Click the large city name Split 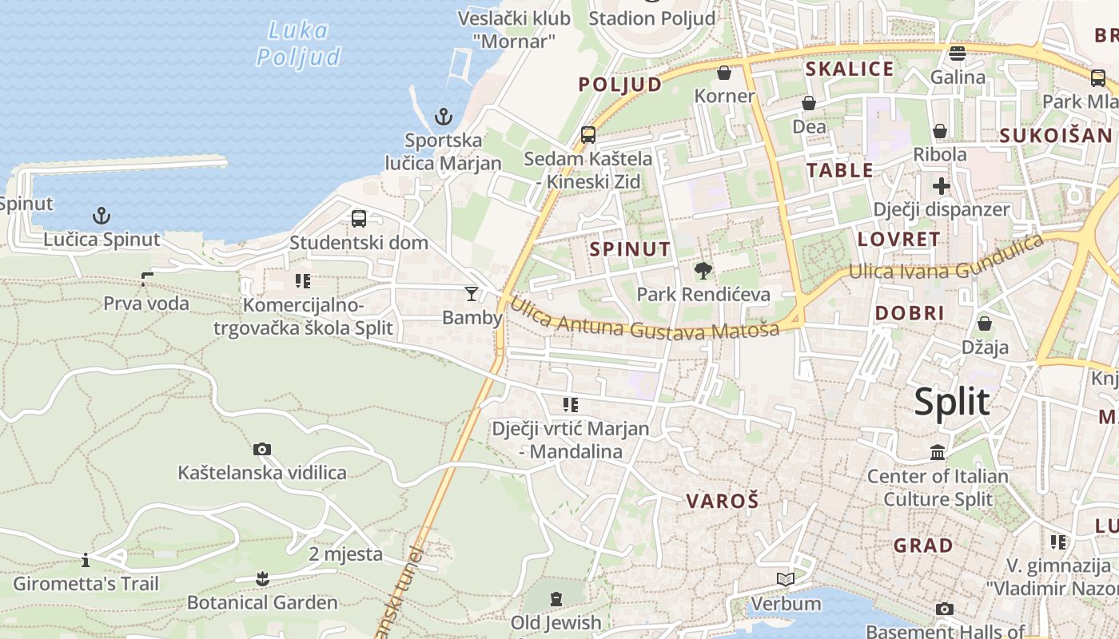[951, 401]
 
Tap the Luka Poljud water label [298, 44]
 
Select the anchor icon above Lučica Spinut [102, 215]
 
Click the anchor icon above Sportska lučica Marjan [443, 117]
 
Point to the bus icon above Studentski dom [359, 218]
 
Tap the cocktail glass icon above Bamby [472, 294]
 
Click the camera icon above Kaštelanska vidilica [261, 449]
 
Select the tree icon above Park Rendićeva [703, 271]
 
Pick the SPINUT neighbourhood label [630, 249]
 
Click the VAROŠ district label [723, 502]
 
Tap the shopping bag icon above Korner [724, 73]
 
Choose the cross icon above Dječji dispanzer [942, 186]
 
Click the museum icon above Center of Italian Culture [938, 454]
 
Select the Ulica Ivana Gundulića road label [946, 260]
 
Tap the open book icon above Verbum [786, 579]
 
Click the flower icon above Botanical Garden [262, 578]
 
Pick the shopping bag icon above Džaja [985, 323]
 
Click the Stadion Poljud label [652, 18]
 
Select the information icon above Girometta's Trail [86, 559]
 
